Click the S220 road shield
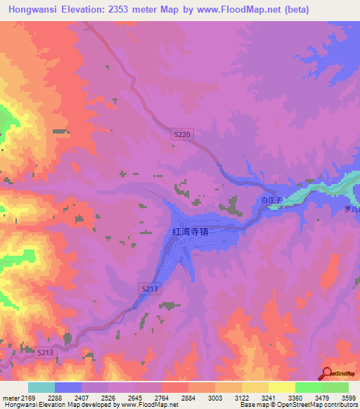point(181,134)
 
